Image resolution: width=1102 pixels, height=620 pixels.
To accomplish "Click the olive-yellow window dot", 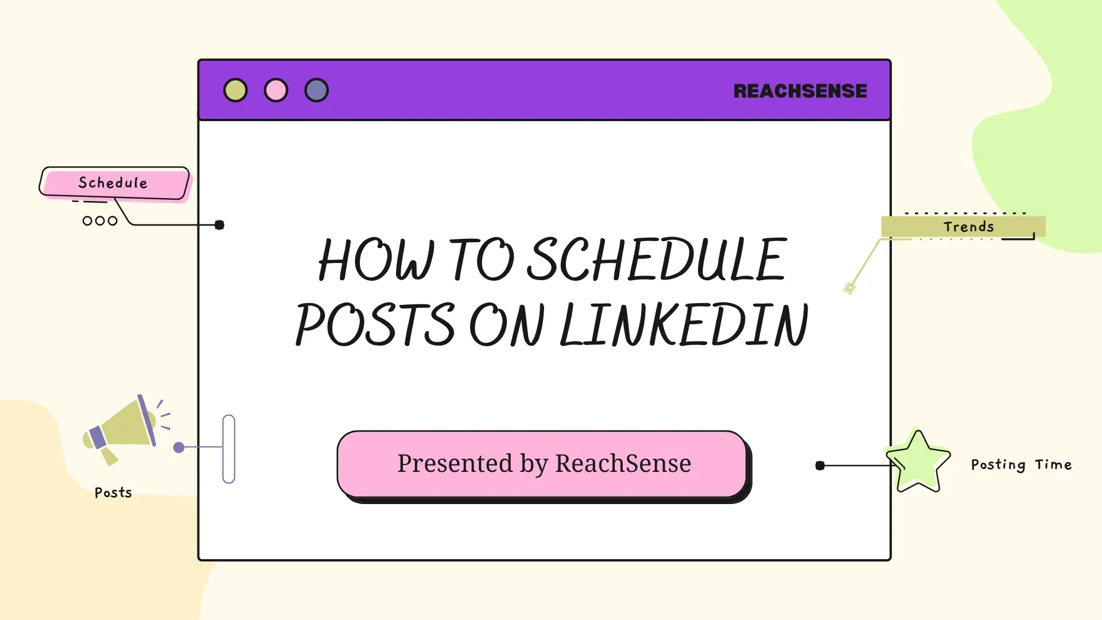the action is pyautogui.click(x=235, y=90).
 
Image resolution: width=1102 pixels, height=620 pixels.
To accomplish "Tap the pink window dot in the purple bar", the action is pyautogui.click(x=276, y=90).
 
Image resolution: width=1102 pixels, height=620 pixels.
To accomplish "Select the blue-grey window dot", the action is pyautogui.click(x=316, y=90).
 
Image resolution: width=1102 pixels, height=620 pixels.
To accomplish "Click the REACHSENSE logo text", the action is pyautogui.click(x=800, y=91).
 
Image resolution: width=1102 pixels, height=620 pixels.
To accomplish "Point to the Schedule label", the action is pyautogui.click(x=114, y=183).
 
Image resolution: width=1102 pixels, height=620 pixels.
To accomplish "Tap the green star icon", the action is pyautogui.click(x=918, y=461).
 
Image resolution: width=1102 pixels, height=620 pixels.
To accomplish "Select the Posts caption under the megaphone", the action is pyautogui.click(x=113, y=493).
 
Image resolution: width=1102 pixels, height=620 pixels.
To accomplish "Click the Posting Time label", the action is pyautogui.click(x=1021, y=464).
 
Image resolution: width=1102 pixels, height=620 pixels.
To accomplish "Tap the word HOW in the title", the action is pyautogui.click(x=377, y=259).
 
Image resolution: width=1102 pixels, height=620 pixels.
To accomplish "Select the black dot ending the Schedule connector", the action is pyautogui.click(x=219, y=225).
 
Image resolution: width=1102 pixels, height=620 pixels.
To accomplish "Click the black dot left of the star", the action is pyautogui.click(x=820, y=466).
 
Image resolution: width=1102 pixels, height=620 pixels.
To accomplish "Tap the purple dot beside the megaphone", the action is pyautogui.click(x=179, y=447).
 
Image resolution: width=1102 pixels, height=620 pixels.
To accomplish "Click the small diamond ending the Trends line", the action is pyautogui.click(x=849, y=288).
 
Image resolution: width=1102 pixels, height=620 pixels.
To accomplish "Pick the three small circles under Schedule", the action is pyautogui.click(x=100, y=221).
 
